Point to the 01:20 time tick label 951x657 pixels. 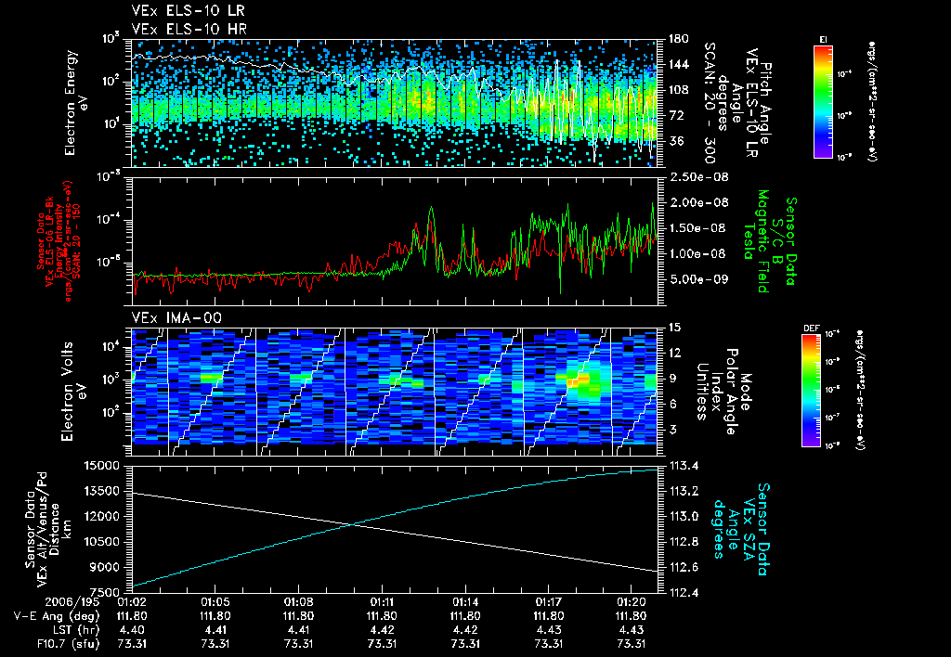[632, 601]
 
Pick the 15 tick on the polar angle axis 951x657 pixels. [666, 327]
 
